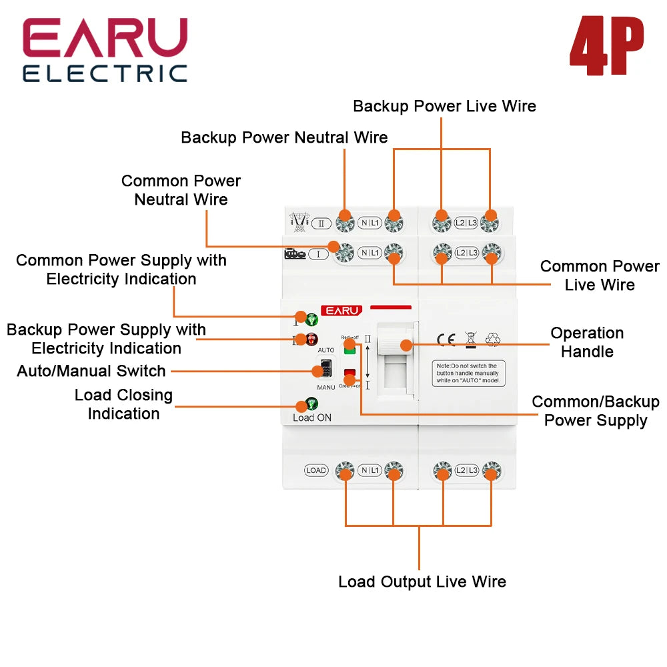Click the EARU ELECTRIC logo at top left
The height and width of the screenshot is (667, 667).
(x=105, y=51)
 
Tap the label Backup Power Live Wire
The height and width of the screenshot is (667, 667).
(x=444, y=106)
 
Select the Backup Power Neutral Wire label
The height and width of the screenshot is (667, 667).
(x=284, y=137)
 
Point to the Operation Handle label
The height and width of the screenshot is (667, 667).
(x=587, y=342)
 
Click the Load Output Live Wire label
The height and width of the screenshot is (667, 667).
(x=422, y=582)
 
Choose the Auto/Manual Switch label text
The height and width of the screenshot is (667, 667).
(x=91, y=371)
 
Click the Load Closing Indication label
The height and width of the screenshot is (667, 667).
(x=123, y=404)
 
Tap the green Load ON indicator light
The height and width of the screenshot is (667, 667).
(x=311, y=404)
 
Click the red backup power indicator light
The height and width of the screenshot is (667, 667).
(x=311, y=340)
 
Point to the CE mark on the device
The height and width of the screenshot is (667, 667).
(x=446, y=340)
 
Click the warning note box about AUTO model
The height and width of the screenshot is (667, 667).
(x=468, y=374)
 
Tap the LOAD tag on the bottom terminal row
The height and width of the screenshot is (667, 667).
(x=316, y=470)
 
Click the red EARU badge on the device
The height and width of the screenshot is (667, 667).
(x=342, y=310)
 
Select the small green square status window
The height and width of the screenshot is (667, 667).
(x=349, y=348)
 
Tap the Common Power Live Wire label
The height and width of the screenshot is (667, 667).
(x=599, y=275)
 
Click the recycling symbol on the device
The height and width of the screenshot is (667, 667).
(x=493, y=340)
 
